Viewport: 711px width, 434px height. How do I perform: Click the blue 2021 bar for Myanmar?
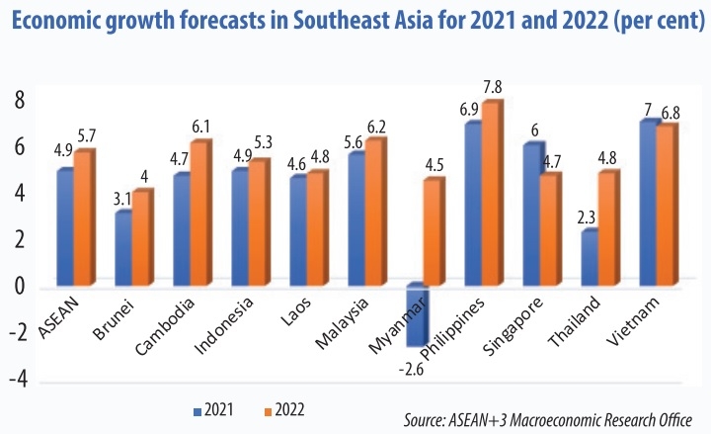(416, 316)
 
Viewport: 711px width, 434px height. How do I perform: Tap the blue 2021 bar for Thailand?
(589, 259)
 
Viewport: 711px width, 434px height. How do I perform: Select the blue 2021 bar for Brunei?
(122, 249)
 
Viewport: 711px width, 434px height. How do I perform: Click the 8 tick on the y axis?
(17, 99)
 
